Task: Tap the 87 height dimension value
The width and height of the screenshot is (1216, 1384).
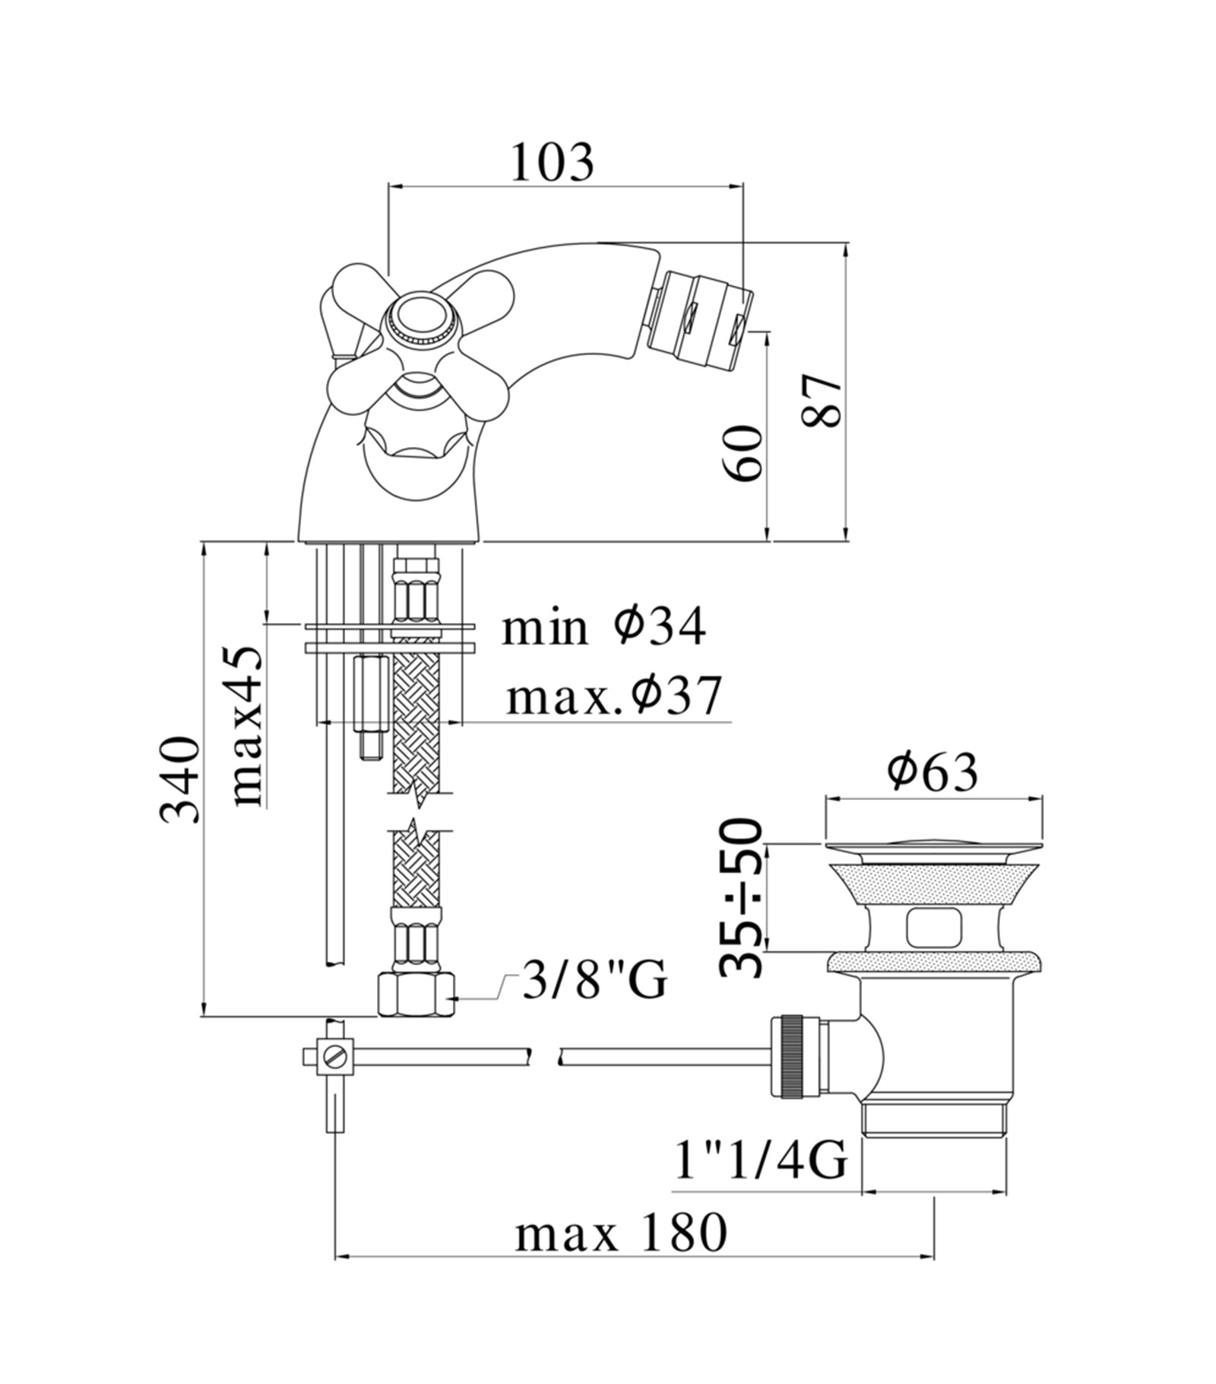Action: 823,400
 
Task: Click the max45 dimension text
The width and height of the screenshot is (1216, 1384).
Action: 247,725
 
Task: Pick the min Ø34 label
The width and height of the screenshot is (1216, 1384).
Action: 603,627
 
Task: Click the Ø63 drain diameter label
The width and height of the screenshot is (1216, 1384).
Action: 933,773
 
